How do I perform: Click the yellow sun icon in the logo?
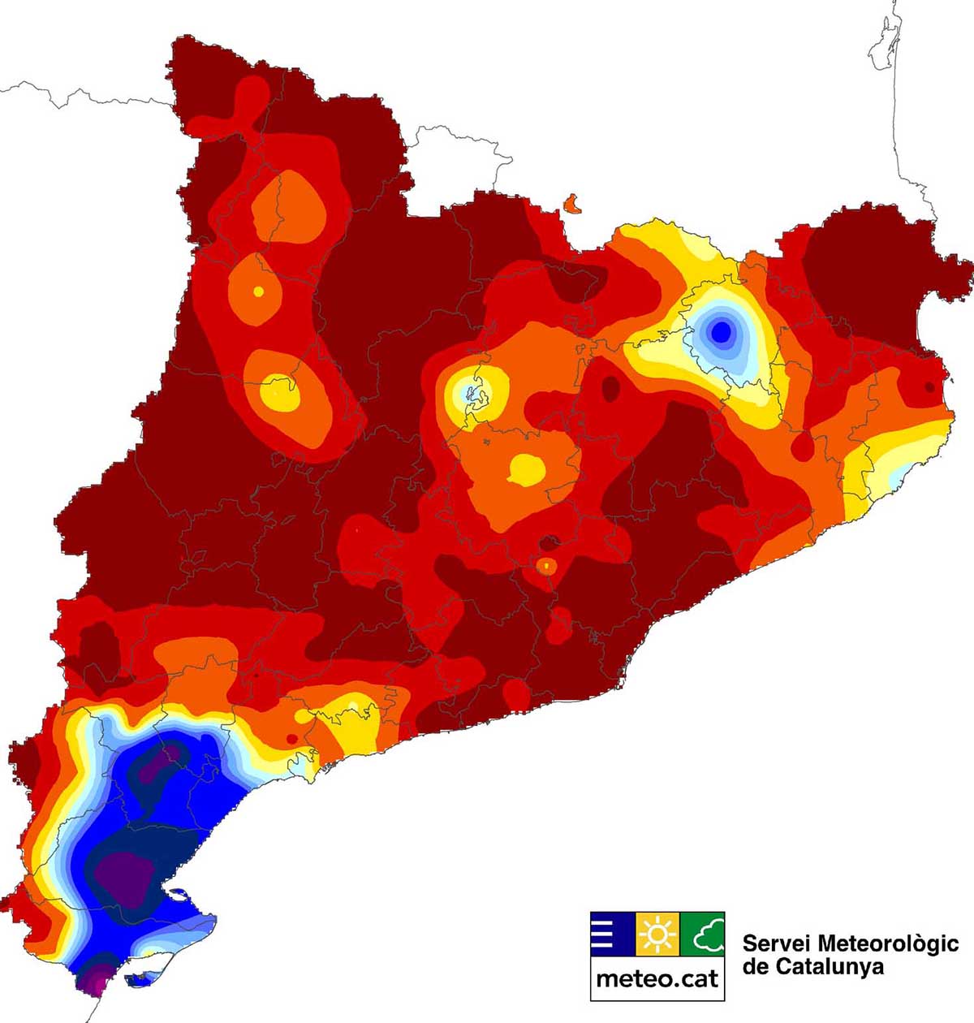pos(657,935)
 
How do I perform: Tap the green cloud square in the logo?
pos(702,935)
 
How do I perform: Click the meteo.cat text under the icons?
pos(657,978)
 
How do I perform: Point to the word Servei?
pos(776,943)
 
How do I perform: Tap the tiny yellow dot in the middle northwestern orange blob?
pos(259,291)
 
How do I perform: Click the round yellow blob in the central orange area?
pos(527,468)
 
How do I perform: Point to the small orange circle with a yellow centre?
pos(547,564)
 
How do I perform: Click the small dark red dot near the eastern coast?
pos(929,387)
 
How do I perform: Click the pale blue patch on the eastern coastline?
pos(895,479)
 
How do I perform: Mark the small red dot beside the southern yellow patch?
pos(291,738)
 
